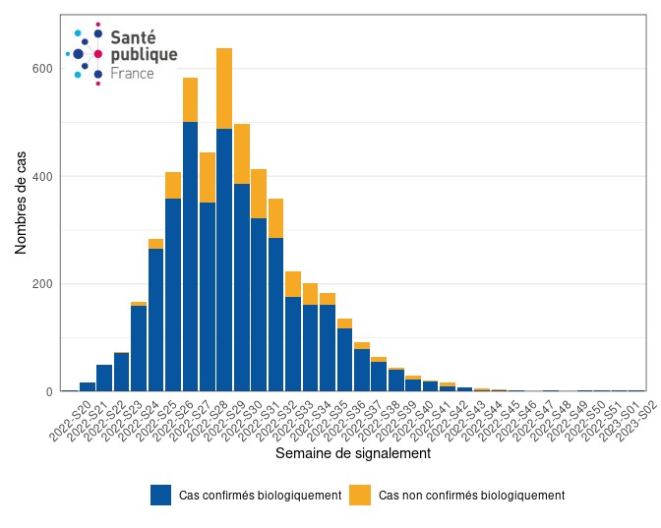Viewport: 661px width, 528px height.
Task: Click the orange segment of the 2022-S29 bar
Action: [x=224, y=88]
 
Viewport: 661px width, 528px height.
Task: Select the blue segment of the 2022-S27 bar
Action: [x=190, y=256]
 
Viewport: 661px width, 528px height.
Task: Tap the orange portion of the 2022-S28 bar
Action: [x=208, y=177]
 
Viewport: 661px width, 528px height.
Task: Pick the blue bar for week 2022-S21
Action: [x=88, y=386]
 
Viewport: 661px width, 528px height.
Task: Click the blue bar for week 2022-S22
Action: [x=104, y=378]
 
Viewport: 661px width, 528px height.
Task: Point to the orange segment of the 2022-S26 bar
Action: [x=173, y=185]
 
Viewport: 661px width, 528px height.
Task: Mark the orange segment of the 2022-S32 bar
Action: [x=275, y=218]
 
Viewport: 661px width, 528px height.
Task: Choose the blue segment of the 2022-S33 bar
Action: [x=293, y=344]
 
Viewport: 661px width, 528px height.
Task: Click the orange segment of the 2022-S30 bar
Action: [x=241, y=153]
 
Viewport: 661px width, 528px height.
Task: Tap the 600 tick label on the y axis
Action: [x=40, y=69]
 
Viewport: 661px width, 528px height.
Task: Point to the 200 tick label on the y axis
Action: [x=40, y=284]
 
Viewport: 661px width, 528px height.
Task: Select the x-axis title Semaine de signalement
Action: [x=352, y=454]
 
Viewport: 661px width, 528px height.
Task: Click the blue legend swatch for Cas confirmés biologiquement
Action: [x=161, y=495]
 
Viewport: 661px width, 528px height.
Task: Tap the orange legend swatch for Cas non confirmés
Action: [x=361, y=495]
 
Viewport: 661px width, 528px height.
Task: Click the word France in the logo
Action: [x=132, y=74]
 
